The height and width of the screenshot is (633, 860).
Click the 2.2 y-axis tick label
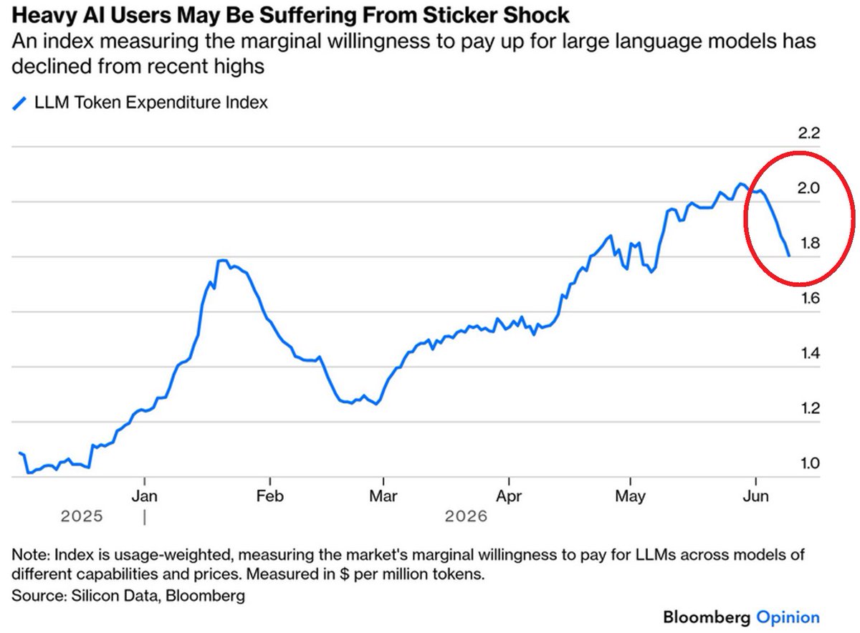809,133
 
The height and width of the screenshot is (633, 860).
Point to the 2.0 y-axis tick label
808,188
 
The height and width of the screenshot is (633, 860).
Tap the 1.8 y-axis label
810,243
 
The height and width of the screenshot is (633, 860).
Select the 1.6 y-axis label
810,298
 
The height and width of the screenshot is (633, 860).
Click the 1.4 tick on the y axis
810,353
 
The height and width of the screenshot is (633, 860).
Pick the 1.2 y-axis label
810,408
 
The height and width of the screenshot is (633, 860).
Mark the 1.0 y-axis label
810,463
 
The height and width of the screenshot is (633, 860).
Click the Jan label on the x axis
144,496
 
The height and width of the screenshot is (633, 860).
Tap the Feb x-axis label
270,496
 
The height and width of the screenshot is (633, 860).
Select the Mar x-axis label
383,496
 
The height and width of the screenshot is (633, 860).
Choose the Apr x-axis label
509,497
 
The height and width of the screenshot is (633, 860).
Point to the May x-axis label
630,497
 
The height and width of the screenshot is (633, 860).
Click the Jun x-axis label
755,496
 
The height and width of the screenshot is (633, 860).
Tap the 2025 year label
82,516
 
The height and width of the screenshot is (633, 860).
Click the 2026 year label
466,516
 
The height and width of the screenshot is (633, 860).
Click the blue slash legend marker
19,104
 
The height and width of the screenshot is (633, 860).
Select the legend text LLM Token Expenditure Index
151,102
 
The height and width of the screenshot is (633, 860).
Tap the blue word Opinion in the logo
788,617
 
